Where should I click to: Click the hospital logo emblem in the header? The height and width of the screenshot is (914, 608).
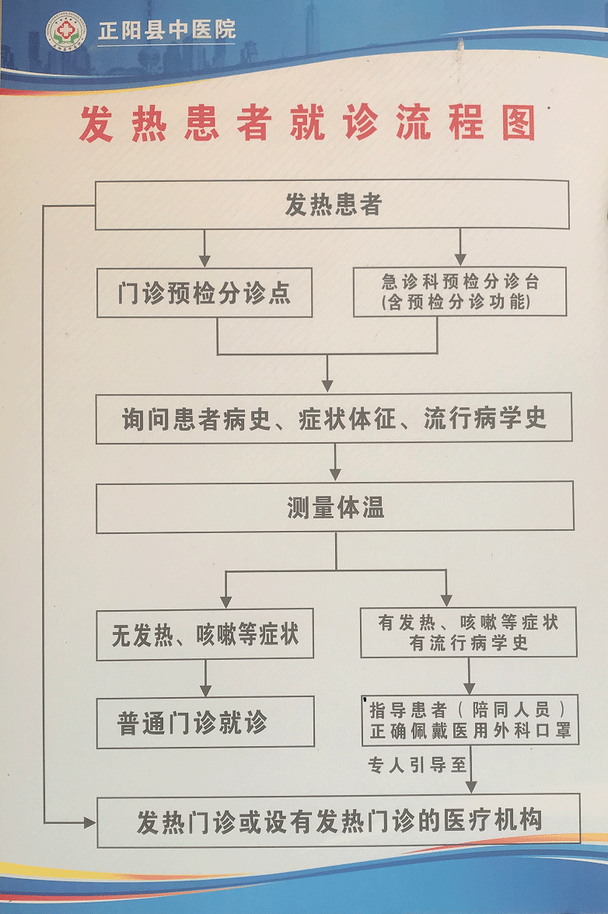click(65, 32)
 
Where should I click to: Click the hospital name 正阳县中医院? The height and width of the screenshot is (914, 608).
click(166, 31)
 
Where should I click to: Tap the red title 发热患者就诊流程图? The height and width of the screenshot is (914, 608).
click(308, 124)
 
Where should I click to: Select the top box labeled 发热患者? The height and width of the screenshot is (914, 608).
click(332, 205)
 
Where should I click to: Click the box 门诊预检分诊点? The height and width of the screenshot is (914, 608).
click(204, 293)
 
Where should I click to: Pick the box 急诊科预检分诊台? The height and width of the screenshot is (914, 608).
click(459, 292)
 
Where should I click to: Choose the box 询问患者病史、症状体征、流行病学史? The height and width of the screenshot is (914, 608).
click(334, 418)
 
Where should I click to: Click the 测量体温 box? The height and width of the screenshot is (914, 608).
click(334, 508)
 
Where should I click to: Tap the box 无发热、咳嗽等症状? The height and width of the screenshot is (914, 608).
click(204, 634)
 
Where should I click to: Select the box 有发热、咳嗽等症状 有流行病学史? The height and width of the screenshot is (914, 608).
click(469, 633)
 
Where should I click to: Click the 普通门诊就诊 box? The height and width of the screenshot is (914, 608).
click(205, 722)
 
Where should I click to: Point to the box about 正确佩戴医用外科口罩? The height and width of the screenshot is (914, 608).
click(470, 720)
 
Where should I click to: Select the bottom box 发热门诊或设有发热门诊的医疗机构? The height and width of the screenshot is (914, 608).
click(338, 821)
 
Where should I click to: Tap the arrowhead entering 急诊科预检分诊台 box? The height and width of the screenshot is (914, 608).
click(459, 259)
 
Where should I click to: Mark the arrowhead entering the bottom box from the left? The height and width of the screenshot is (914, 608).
click(89, 822)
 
